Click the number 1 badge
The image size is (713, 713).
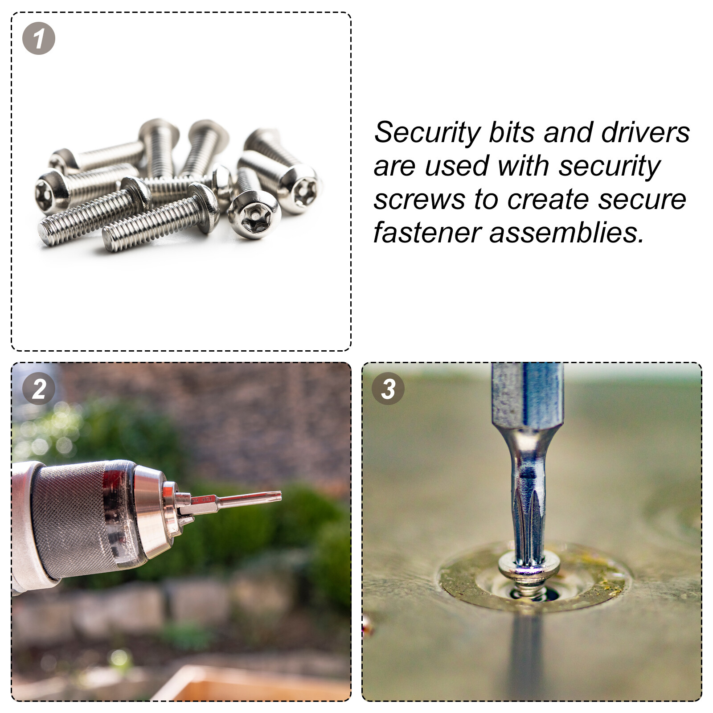click(39, 38)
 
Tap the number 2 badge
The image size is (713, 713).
click(39, 389)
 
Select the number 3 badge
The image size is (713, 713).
click(388, 389)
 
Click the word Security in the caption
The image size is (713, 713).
click(427, 133)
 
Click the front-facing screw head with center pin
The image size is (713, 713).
click(254, 215)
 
